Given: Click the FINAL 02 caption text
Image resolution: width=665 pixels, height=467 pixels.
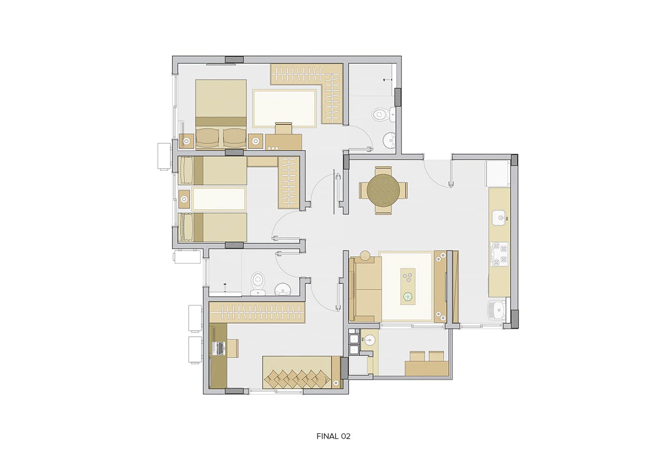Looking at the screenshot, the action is [334, 436].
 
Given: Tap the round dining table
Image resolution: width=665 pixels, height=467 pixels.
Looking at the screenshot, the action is [383, 190].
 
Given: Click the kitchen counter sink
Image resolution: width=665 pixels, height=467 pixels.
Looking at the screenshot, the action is [499, 218].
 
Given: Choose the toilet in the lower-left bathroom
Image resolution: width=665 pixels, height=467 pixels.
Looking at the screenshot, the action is [257, 283].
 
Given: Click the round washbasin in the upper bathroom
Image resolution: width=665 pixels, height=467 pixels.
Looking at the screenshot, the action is [389, 140].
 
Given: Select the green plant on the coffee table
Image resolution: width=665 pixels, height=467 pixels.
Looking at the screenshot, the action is [408, 296].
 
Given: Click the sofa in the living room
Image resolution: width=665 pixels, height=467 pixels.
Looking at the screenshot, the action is [365, 289].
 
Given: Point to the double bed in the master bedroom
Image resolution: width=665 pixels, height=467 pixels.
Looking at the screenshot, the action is [221, 114].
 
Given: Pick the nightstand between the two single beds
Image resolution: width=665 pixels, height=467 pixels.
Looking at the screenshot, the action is [184, 199].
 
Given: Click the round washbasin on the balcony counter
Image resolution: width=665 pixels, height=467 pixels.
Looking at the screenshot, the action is [369, 340].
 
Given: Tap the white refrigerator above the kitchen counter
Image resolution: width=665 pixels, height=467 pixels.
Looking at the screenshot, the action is [498, 173].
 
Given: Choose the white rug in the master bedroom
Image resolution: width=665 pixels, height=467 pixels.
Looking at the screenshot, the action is [284, 108].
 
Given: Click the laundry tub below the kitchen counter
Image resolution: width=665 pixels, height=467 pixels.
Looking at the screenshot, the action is [497, 310].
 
